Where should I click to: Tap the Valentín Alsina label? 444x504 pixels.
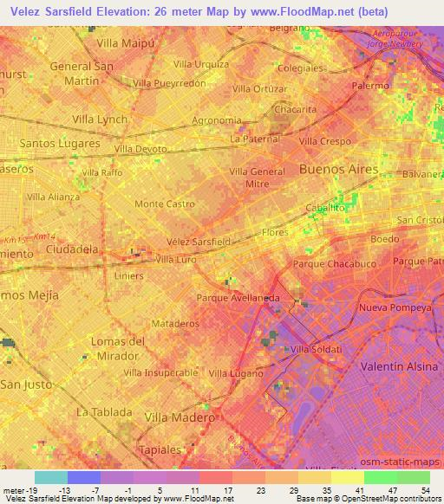coord(399,366)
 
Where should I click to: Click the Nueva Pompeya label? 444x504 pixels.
coord(395,307)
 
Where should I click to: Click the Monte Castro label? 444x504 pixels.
coord(164,204)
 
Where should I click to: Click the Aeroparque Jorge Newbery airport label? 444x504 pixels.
coord(393,37)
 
